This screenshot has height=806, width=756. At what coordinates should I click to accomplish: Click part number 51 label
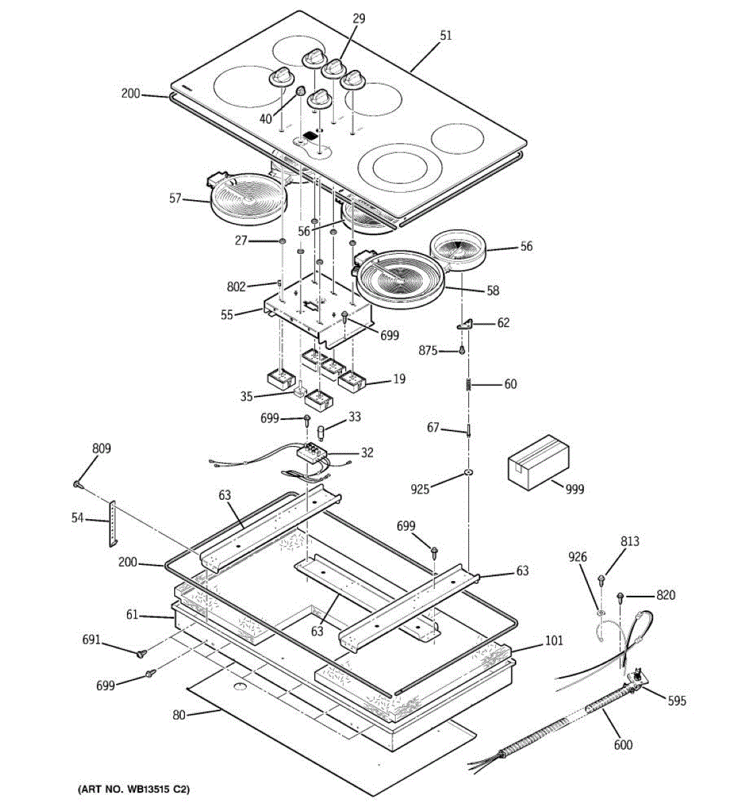(446, 35)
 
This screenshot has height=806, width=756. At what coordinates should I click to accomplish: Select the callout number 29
(359, 19)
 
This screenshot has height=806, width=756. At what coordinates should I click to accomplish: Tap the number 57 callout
(175, 198)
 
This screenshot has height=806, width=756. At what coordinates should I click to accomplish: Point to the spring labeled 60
(468, 385)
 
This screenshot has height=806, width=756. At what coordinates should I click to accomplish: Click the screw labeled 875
(462, 350)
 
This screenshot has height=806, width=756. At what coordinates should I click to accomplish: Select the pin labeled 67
(468, 431)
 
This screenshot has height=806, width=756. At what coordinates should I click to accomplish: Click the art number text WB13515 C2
(138, 789)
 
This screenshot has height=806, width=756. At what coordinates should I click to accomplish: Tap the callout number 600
(623, 744)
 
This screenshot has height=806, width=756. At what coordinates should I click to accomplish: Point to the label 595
(677, 701)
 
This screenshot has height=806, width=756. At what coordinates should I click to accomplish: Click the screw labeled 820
(621, 595)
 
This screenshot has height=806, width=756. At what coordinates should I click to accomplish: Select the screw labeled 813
(601, 578)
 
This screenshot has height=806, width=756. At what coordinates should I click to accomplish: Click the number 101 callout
(554, 641)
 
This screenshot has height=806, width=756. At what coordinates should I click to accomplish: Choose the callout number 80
(178, 715)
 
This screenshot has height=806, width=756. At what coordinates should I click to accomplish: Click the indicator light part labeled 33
(322, 429)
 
